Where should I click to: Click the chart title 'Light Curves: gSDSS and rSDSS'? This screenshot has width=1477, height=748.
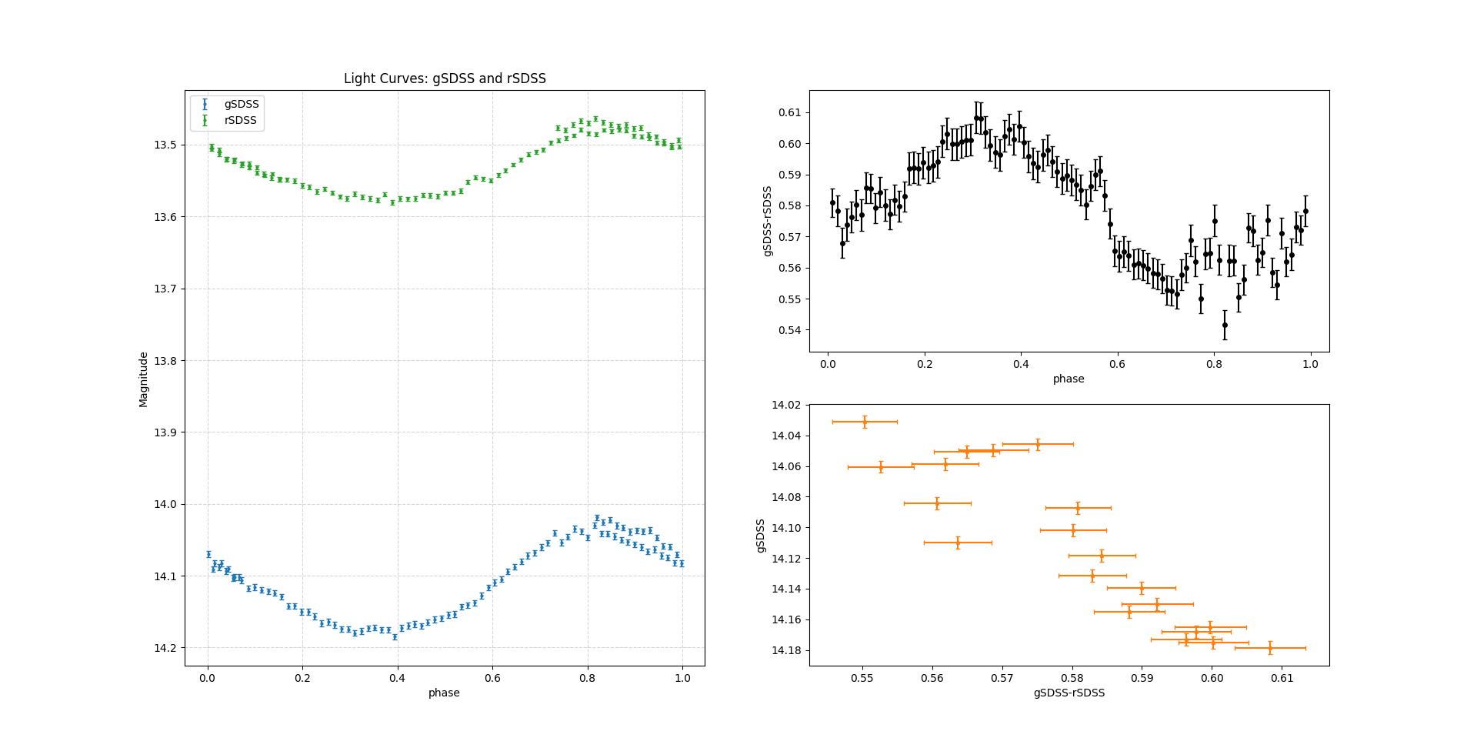(x=445, y=78)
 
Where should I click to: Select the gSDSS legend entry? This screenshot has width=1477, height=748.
(x=242, y=104)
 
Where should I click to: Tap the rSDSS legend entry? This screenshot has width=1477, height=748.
(x=240, y=121)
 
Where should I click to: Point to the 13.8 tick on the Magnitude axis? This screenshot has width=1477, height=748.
(x=165, y=361)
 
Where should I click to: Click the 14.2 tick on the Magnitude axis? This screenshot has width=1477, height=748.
(x=165, y=648)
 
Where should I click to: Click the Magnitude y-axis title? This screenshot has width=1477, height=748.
(x=144, y=379)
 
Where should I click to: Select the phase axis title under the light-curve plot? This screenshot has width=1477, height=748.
(x=444, y=693)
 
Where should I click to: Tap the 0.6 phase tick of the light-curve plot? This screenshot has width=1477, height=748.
(x=492, y=678)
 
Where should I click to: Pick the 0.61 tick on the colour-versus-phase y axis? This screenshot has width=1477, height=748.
(x=789, y=112)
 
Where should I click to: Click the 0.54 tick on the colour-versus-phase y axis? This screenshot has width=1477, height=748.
(x=789, y=330)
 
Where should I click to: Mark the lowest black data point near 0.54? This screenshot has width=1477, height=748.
(x=1225, y=325)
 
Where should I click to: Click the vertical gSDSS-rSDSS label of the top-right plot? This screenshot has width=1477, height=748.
(x=767, y=221)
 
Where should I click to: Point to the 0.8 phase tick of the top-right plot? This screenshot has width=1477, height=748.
(x=1214, y=364)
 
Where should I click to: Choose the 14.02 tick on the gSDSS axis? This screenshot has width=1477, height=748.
(x=785, y=405)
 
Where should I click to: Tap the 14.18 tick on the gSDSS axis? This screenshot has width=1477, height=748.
(x=785, y=650)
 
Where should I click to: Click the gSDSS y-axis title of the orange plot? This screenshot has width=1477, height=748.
(x=761, y=536)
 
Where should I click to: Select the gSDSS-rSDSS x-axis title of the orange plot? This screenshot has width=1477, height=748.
(x=1069, y=693)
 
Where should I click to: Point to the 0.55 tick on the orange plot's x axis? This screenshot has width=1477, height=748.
(x=862, y=678)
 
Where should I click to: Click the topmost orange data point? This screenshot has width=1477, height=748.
(x=865, y=422)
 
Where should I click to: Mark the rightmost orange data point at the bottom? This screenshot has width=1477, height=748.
(x=1270, y=648)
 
